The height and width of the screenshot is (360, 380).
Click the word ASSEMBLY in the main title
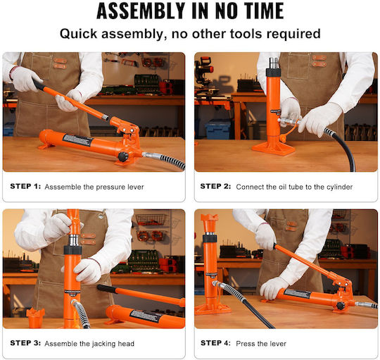[x=141, y=11]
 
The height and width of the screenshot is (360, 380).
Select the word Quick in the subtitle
[x=79, y=34]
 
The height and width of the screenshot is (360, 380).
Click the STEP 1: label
[x=25, y=186]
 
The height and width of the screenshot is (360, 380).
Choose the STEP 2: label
[x=215, y=186]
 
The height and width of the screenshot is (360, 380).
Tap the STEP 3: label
[x=25, y=343]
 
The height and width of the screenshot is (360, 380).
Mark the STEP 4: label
[x=215, y=343]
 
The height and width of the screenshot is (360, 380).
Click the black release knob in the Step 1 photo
[x=123, y=156]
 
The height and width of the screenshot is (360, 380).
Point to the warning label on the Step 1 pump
[x=78, y=140]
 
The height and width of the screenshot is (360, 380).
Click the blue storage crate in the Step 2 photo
[x=217, y=129]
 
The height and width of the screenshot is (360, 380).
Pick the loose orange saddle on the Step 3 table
[x=35, y=318]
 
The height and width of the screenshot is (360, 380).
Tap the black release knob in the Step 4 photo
[x=341, y=306]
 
